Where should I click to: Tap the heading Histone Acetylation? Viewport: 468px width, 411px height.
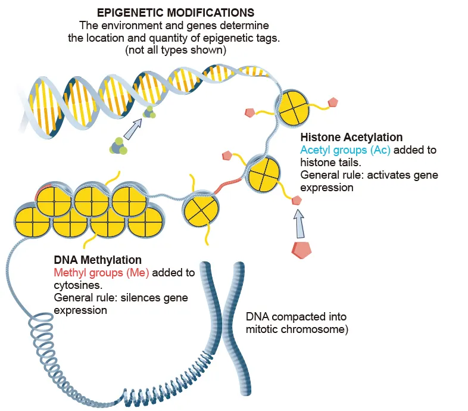coord(352,137)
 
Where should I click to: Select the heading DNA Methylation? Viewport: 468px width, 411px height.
coord(97,260)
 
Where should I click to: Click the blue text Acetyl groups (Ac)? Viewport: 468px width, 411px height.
coord(345,150)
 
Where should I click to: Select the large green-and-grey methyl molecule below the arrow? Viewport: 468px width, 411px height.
coord(118,146)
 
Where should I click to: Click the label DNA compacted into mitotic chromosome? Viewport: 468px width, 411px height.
coord(296,322)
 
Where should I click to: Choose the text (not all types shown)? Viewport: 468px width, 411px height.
coord(176,51)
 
